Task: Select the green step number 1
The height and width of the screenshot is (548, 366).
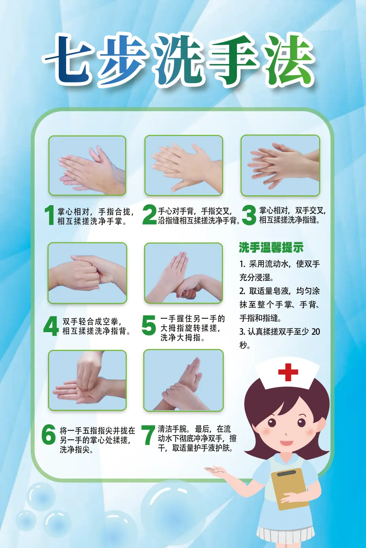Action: click(x=50, y=215)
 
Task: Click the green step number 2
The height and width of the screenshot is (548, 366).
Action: click(x=149, y=214)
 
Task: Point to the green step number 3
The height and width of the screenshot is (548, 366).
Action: click(x=249, y=215)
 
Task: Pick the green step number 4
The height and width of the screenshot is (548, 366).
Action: click(x=51, y=326)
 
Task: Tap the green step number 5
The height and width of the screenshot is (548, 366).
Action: click(x=149, y=325)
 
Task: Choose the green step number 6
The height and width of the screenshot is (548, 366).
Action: click(x=48, y=434)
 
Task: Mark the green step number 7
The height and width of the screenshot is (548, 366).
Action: click(x=148, y=435)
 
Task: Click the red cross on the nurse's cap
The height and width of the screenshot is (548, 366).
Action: click(x=288, y=372)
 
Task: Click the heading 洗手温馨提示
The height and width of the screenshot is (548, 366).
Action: click(x=271, y=248)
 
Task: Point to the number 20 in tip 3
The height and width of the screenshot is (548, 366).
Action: click(x=316, y=332)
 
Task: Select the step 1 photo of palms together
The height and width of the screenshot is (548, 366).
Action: click(x=87, y=165)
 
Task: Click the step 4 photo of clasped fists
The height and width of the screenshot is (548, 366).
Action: click(x=87, y=273)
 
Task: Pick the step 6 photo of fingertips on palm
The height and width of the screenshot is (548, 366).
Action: click(x=87, y=380)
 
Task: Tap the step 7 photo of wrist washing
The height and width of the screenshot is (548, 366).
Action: click(x=183, y=380)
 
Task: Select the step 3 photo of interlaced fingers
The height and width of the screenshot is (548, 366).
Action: click(x=280, y=165)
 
